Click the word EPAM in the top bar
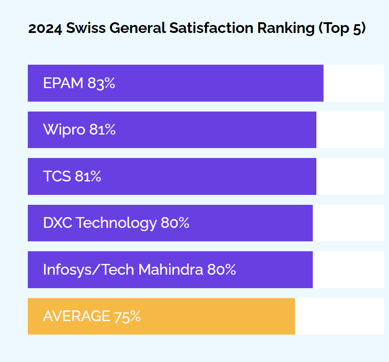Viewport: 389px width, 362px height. click(x=63, y=83)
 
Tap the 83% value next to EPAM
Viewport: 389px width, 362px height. click(x=101, y=83)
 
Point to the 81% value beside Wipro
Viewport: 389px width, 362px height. click(x=102, y=130)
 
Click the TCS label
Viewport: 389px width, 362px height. click(x=57, y=177)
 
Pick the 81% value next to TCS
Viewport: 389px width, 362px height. click(x=88, y=177)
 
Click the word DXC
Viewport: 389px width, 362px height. click(x=58, y=223)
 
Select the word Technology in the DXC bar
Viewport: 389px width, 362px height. click(x=116, y=223)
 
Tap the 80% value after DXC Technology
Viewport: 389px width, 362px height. click(x=175, y=223)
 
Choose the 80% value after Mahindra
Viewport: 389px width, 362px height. click(x=221, y=270)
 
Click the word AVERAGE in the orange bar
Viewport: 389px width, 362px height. click(x=76, y=316)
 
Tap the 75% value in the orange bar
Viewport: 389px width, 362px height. click(x=127, y=316)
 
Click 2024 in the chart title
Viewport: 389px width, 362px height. click(x=45, y=28)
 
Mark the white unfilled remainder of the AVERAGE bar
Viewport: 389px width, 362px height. click(x=339, y=316)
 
